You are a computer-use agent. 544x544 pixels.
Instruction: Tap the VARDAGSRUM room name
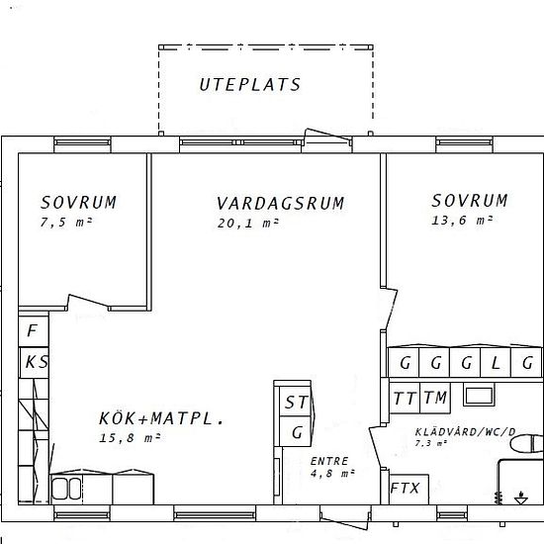280,204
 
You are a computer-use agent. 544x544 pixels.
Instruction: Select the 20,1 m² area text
247,224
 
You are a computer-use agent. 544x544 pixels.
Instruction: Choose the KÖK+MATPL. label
161,418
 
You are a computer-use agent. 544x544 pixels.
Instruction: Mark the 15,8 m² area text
130,437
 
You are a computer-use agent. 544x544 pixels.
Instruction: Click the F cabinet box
33,330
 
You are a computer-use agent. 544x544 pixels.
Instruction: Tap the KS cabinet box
36,362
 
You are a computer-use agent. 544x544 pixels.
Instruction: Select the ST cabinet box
296,403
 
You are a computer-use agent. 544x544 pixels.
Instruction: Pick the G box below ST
296,432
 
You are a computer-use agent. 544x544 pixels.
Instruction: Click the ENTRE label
329,461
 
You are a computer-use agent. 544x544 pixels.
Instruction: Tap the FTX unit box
405,489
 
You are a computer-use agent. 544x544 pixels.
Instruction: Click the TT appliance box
404,399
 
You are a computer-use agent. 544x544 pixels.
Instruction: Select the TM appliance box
434,399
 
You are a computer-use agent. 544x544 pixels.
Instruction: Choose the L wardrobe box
496,362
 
